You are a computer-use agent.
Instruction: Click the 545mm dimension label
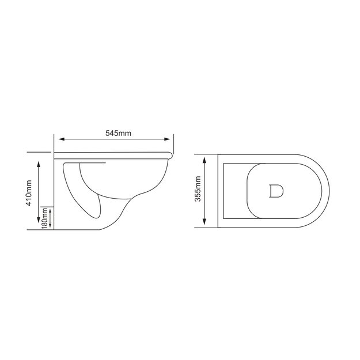click(119, 132)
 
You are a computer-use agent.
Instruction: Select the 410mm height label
click(29, 195)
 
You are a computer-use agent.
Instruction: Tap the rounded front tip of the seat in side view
click(172, 154)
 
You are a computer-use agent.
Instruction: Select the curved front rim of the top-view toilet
click(327, 191)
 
